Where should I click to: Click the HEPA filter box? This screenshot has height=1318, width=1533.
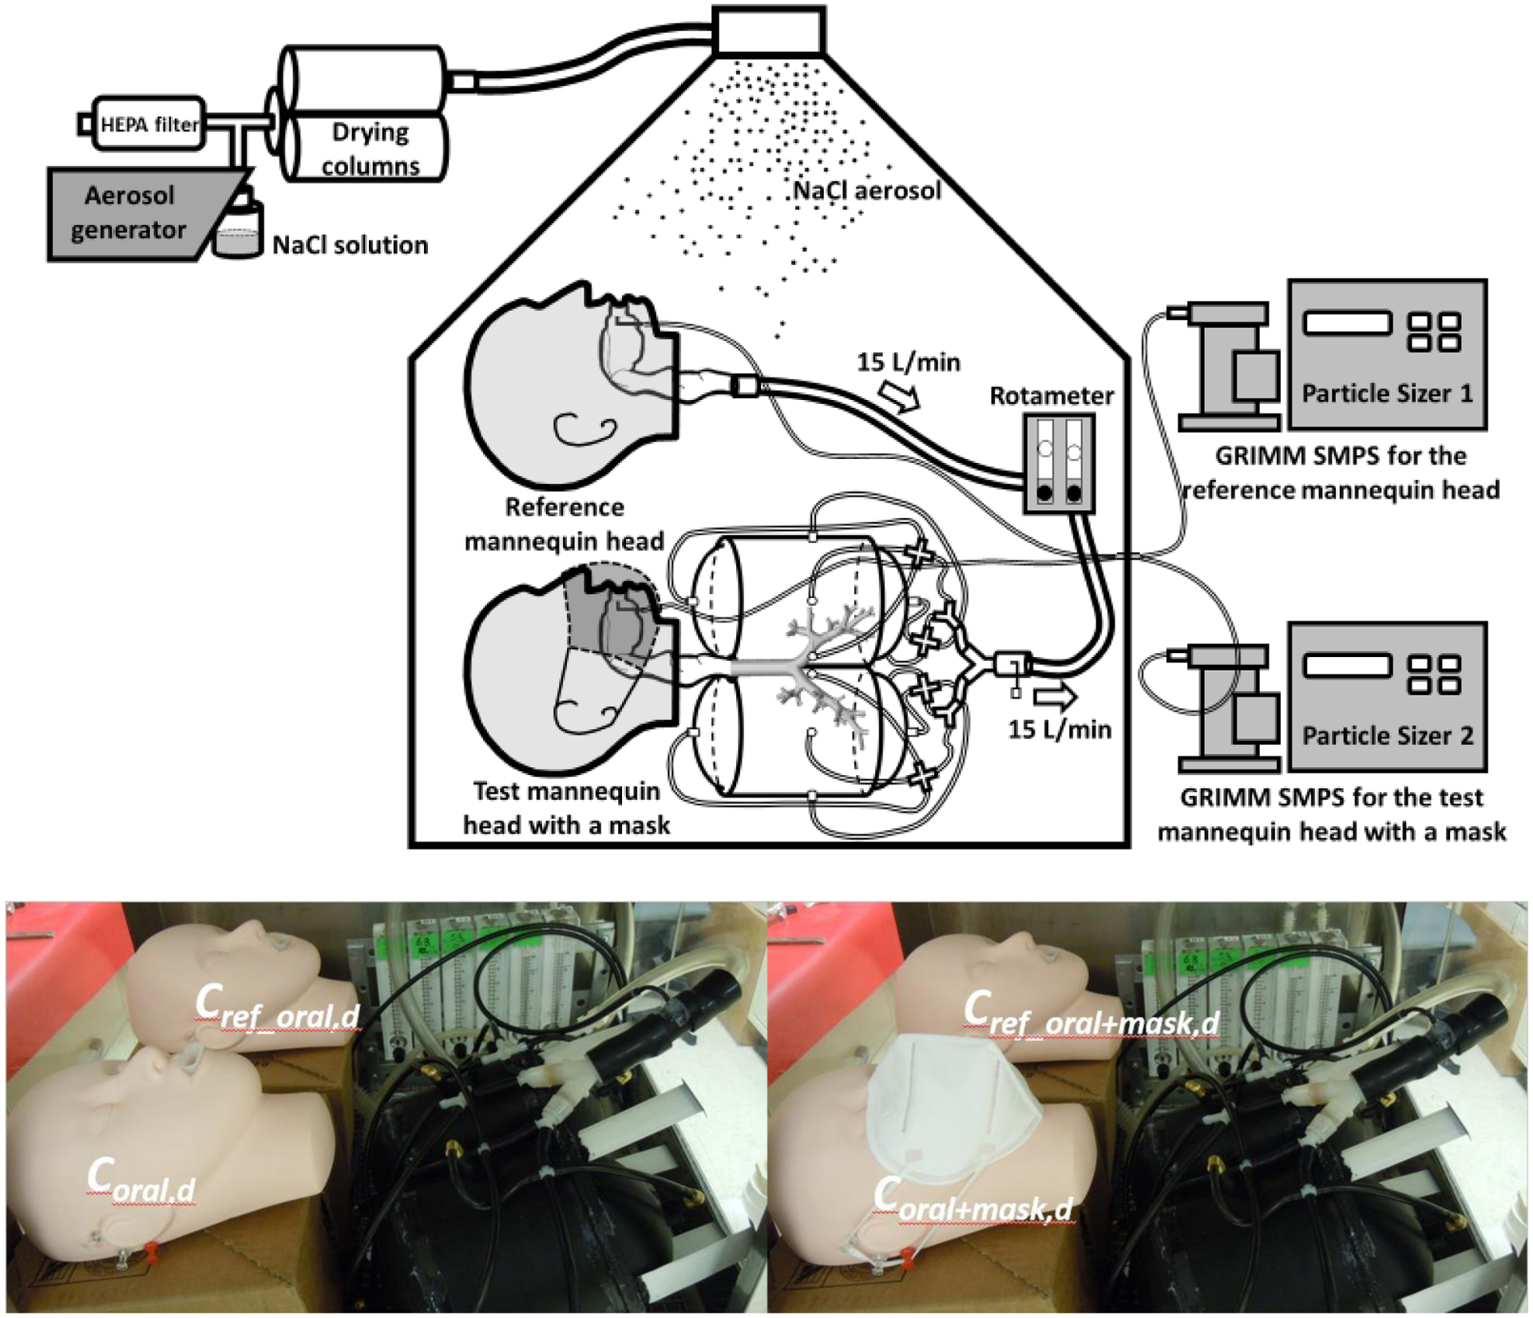coord(149,124)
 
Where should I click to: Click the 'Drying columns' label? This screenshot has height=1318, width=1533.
coord(370,148)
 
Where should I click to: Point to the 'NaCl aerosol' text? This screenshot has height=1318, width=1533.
coord(867,191)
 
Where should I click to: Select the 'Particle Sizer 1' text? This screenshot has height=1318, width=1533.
coord(1387,394)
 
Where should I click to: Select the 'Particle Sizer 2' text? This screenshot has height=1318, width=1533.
coord(1387,735)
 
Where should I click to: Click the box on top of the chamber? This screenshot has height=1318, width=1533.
coord(769,30)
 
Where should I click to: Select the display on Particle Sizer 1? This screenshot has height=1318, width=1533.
coord(1348,323)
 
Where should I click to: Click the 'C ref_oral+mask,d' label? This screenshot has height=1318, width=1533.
coord(1090,1015)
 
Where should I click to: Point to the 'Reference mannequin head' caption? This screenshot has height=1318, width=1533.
coord(564,524)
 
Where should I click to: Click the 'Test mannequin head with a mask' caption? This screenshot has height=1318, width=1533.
coord(566,808)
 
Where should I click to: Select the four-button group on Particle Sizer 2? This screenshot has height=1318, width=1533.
coord(1435,675)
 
